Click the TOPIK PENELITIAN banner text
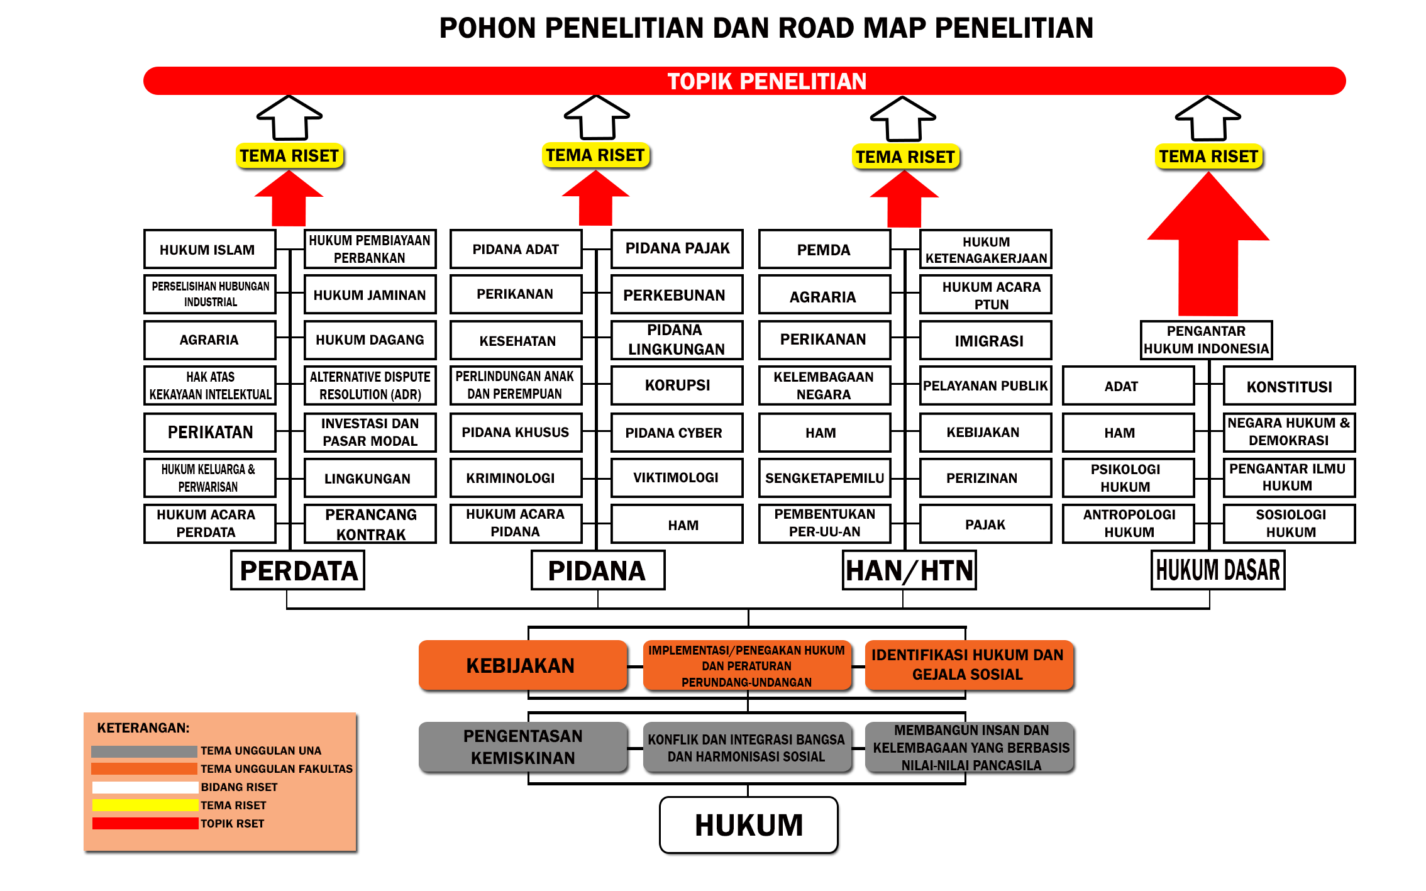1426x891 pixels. [766, 81]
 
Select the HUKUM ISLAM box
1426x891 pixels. [209, 250]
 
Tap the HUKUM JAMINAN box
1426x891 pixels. [370, 295]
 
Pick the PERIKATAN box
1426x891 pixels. [210, 433]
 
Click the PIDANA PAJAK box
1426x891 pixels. [677, 248]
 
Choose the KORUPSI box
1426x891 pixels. [677, 385]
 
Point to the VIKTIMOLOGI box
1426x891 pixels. [676, 478]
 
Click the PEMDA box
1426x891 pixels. [824, 250]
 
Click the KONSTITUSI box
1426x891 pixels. [1289, 387]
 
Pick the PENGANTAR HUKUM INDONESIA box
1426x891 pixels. [1206, 340]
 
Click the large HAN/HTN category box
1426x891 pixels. [909, 570]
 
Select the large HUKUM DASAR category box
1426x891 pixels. [1218, 570]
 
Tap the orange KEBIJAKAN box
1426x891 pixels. [522, 665]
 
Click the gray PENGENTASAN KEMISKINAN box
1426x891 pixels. [523, 747]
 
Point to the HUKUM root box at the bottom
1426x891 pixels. [749, 825]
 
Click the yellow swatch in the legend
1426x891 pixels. [145, 805]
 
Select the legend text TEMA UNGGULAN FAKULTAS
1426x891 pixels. [277, 769]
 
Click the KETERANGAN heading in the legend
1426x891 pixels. [143, 728]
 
